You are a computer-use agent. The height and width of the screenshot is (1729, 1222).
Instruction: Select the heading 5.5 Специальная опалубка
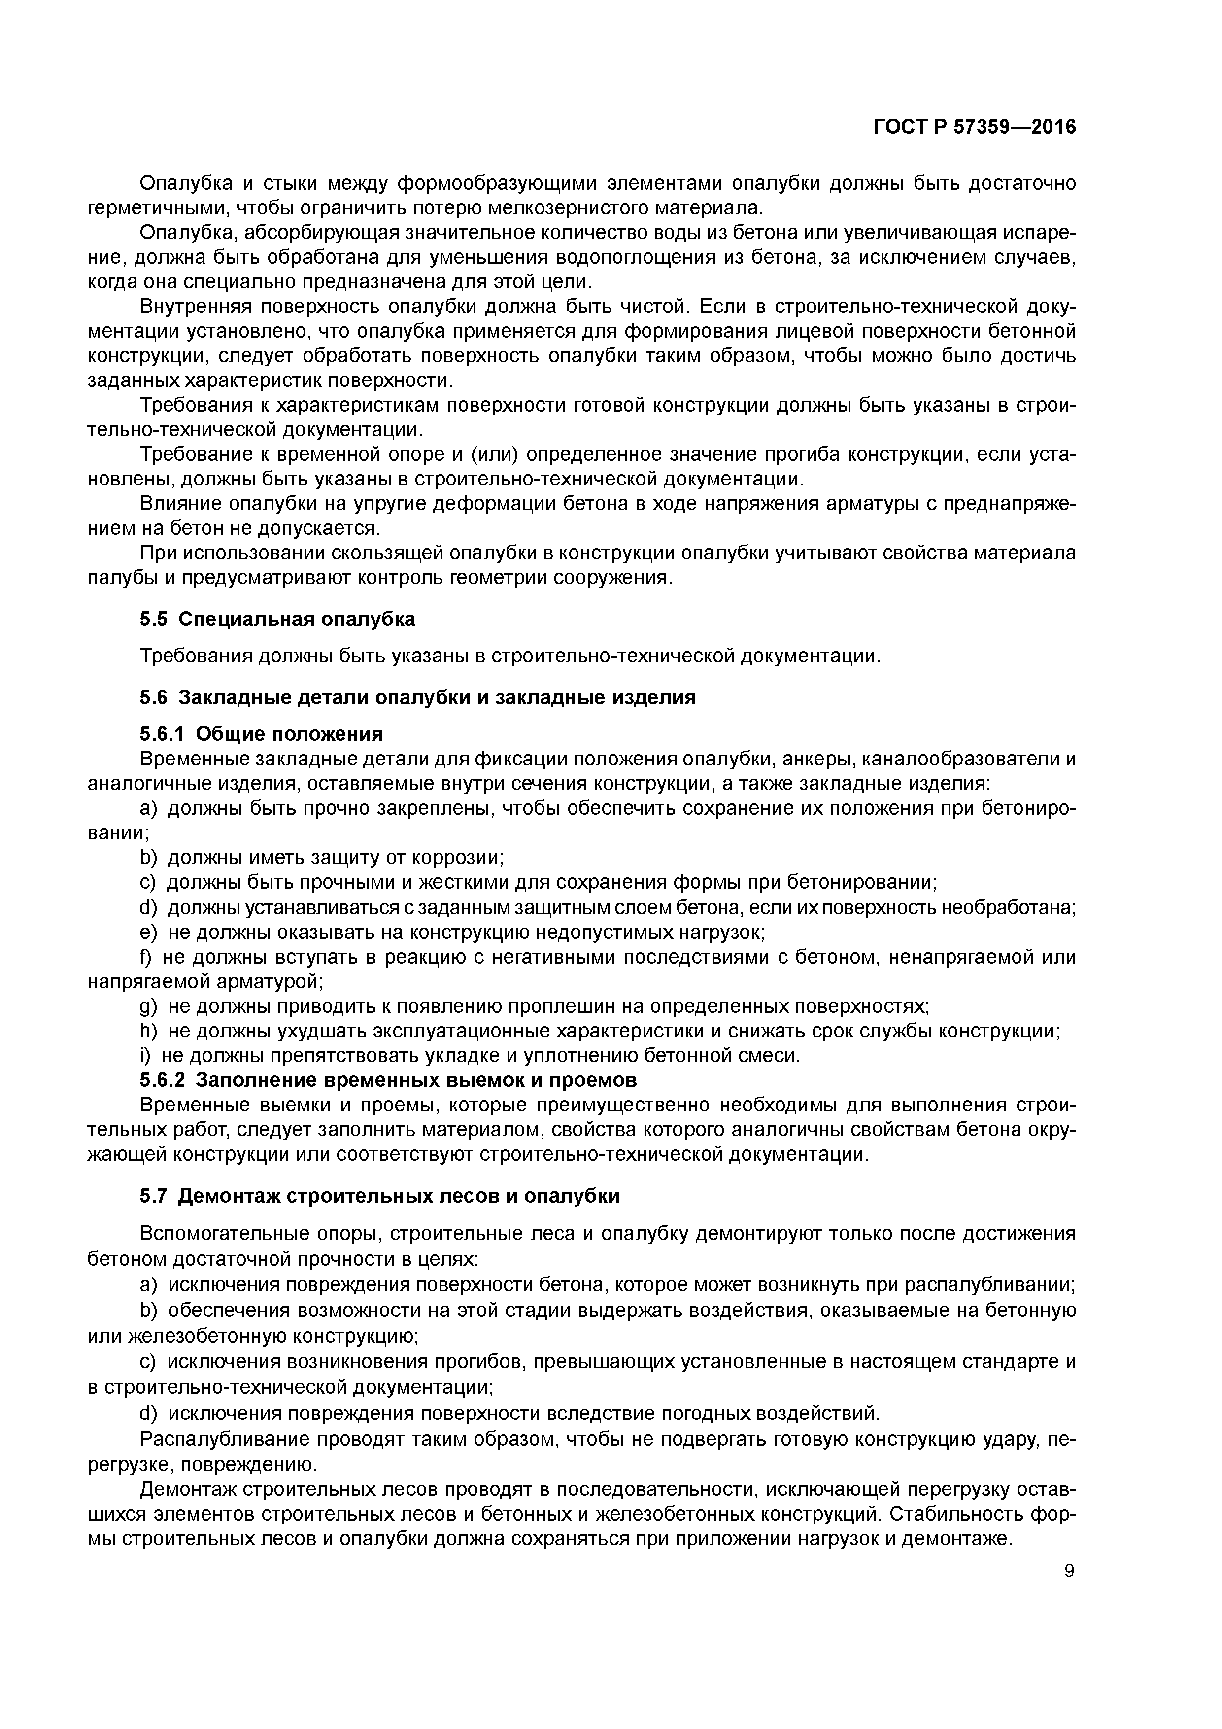[x=277, y=619]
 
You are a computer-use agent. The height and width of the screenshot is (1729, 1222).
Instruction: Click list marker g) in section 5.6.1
[x=148, y=1007]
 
